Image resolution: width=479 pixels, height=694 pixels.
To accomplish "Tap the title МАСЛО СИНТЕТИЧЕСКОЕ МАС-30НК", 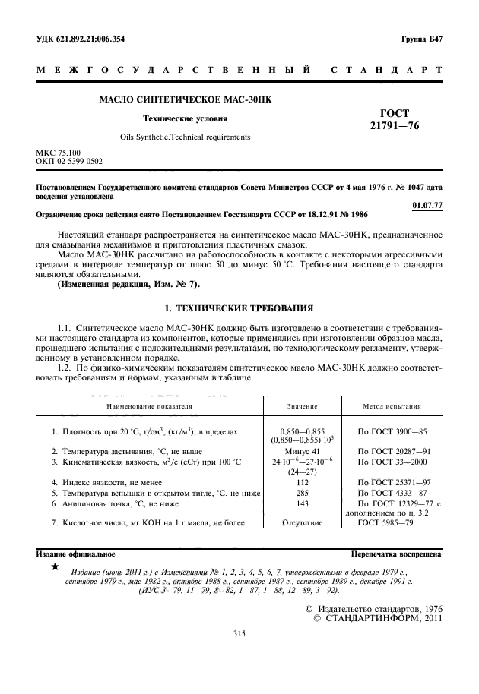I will click(191, 99).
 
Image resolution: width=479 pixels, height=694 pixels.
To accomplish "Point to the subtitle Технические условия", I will click(185, 118).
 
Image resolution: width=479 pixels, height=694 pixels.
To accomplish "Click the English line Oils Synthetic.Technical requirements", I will click(185, 137).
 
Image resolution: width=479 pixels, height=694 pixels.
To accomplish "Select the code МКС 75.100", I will click(57, 153).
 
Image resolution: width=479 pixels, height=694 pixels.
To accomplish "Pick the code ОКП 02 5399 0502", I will click(69, 162).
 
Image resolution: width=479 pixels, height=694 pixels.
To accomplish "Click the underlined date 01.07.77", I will click(427, 205).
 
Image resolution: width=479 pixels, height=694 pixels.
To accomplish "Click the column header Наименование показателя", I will click(144, 407).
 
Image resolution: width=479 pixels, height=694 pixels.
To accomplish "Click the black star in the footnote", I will click(54, 567).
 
